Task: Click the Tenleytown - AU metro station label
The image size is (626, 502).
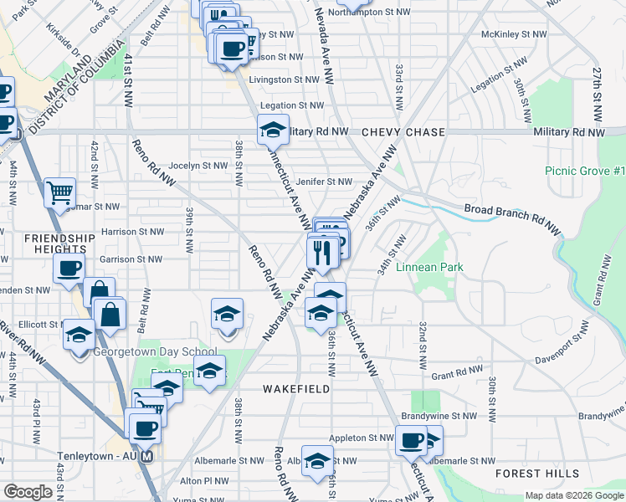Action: tap(98, 457)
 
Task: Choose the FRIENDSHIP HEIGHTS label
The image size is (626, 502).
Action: tap(54, 243)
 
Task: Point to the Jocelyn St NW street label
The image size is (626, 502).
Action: tap(198, 166)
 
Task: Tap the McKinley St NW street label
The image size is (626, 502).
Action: tap(514, 34)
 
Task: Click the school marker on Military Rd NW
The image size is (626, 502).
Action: tap(273, 131)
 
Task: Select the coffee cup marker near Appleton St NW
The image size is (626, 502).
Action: tap(411, 441)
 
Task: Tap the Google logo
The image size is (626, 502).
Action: tap(28, 492)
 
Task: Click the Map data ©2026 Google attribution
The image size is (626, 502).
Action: tap(574, 496)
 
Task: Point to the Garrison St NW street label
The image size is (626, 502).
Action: tap(128, 259)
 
